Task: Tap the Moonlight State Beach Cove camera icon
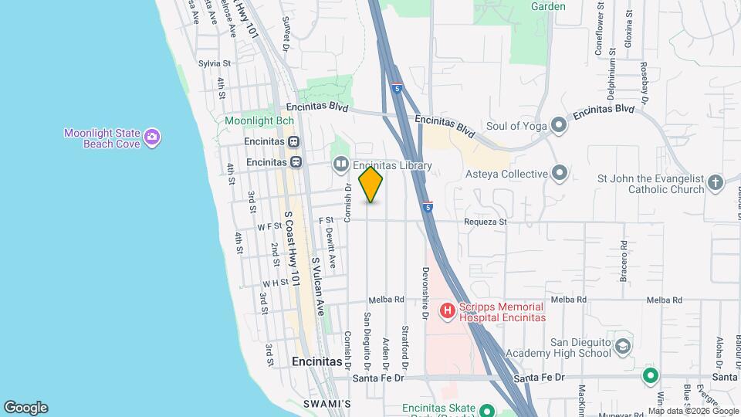tap(152, 137)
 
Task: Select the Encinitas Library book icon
tap(340, 164)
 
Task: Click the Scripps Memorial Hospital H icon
tap(447, 311)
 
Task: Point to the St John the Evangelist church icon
tap(716, 183)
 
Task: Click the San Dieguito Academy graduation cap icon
tap(623, 347)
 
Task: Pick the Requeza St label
tap(485, 222)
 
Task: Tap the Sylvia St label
tap(215, 63)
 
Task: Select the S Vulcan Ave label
tap(317, 286)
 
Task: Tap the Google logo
tap(25, 407)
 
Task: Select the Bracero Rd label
tap(623, 261)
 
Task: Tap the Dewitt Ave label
tap(331, 247)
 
